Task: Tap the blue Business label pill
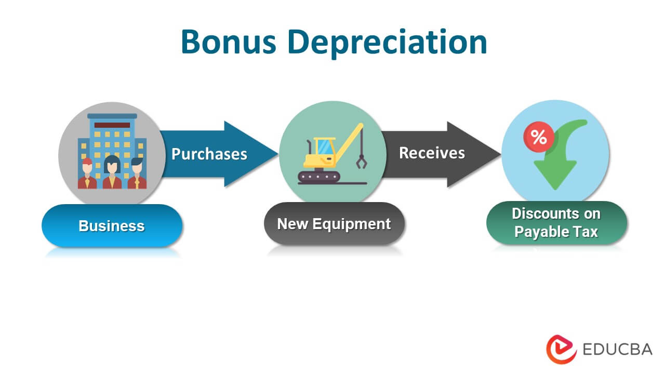pyautogui.click(x=112, y=226)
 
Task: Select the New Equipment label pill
pyautogui.click(x=334, y=224)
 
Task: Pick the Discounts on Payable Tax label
pyautogui.click(x=556, y=223)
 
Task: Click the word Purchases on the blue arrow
pyautogui.click(x=209, y=154)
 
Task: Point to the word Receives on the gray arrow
pyautogui.click(x=432, y=153)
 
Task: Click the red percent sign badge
pyautogui.click(x=538, y=137)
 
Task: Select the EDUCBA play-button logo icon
pyautogui.click(x=561, y=349)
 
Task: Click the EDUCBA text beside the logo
pyautogui.click(x=617, y=349)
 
